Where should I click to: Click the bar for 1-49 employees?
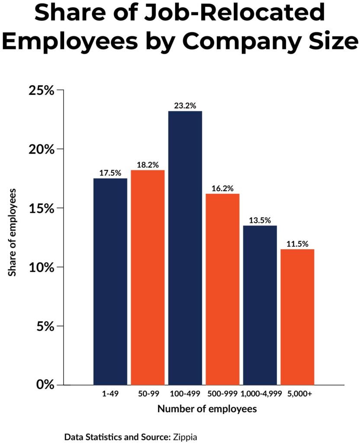(110, 281)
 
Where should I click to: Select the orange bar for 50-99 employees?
(148, 277)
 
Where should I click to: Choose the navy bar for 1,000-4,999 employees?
(260, 305)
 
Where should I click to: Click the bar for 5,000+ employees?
(297, 316)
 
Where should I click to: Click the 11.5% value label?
(297, 244)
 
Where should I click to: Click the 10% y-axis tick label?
(42, 267)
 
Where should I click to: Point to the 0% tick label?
(45, 385)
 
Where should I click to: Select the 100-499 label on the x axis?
(185, 394)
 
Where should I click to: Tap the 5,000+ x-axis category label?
(297, 394)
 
